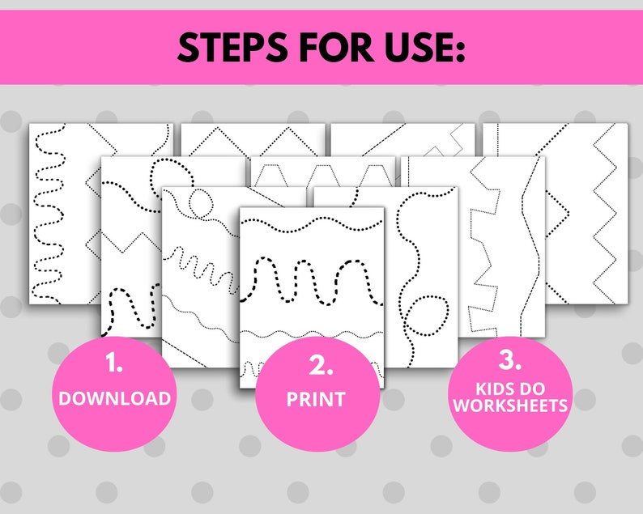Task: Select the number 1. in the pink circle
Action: pyautogui.click(x=114, y=364)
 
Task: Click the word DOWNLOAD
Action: pyautogui.click(x=114, y=398)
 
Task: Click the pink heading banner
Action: pyautogui.click(x=321, y=49)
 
